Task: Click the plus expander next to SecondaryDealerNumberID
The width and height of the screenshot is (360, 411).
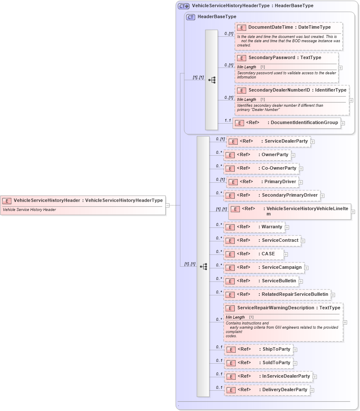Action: (351, 100)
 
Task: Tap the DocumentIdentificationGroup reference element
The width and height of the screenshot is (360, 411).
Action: (287, 123)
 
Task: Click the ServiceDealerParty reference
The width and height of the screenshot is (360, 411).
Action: (269, 141)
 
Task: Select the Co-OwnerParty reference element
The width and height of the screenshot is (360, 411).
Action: (261, 168)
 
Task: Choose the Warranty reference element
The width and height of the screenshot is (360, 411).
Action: (254, 227)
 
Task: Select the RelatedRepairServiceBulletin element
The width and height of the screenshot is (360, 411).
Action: (277, 295)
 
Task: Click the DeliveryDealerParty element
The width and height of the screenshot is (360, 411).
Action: (267, 390)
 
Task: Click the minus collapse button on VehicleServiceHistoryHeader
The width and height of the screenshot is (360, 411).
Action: (167, 205)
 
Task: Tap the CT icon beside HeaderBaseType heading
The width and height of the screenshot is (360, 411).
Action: (191, 17)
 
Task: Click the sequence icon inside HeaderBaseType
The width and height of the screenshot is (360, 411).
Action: (212, 80)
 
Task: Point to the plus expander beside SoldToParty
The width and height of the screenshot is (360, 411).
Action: (296, 363)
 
